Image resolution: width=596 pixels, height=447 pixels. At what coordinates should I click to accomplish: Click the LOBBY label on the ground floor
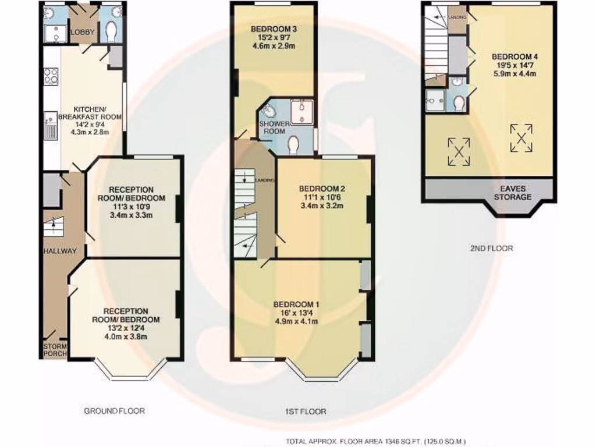pos(82,33)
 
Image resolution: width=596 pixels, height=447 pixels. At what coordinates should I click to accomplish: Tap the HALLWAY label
pos(59,251)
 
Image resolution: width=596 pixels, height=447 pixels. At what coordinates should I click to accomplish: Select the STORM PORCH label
pos(55,349)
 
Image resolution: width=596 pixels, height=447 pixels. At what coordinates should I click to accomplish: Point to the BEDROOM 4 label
pos(514,56)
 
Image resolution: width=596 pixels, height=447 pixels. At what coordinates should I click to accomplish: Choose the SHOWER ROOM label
pos(272,127)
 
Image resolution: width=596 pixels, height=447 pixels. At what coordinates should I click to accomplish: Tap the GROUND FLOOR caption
pos(114,410)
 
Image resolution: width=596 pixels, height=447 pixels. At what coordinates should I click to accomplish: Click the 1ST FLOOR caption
pos(305,411)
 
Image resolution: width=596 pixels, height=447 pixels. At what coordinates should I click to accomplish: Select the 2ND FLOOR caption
pos(492,248)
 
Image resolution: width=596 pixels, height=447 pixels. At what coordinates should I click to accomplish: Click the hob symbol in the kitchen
pos(50,76)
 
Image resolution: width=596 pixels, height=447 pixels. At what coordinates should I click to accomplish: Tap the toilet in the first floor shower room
pos(293,144)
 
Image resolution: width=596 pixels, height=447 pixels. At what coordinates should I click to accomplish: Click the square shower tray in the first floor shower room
pos(302,112)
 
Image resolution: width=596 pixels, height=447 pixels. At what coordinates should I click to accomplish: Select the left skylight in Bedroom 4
pos(459,151)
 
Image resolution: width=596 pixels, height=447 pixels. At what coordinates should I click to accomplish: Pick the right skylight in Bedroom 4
pos(521,139)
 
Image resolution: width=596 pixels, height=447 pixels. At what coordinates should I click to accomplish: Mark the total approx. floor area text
pos(375,441)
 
